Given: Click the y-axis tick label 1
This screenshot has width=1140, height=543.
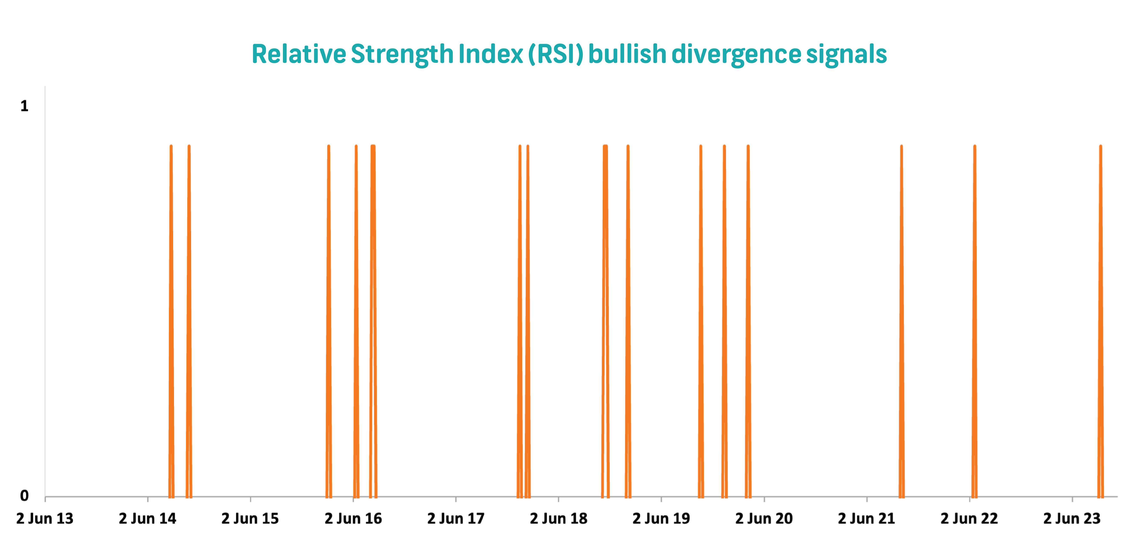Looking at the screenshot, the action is [x=24, y=106].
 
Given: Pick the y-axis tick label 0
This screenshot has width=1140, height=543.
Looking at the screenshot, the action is [x=24, y=496].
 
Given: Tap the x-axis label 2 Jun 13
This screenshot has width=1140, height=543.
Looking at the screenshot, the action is [x=45, y=518].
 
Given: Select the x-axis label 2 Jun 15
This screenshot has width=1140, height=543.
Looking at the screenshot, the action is [x=250, y=518].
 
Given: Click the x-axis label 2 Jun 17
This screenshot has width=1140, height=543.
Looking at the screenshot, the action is [x=456, y=518].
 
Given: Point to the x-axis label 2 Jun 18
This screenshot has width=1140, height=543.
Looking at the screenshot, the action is [x=559, y=518].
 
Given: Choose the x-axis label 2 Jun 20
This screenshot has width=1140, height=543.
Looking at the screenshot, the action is [x=764, y=518].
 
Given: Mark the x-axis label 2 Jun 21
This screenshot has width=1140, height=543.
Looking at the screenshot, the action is [x=867, y=518].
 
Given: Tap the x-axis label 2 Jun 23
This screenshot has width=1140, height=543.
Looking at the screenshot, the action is [x=1072, y=518].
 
